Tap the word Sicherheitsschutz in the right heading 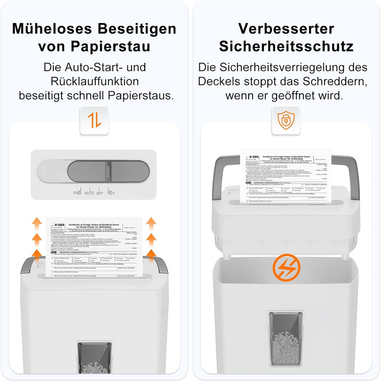click(286, 46)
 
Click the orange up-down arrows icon click(94, 121)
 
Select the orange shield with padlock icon click(286, 121)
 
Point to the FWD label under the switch click(77, 193)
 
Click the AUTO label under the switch click(89, 193)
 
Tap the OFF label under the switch click(100, 193)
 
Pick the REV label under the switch click(111, 193)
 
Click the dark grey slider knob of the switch click(108, 172)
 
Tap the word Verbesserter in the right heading click(286, 29)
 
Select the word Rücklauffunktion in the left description click(95, 82)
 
